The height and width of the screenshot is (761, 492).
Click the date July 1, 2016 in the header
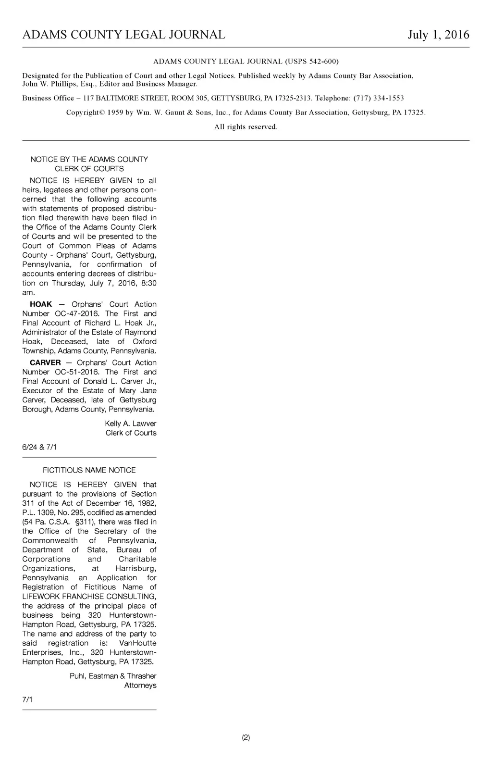coord(438,35)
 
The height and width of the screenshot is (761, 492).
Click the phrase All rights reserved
coord(246,127)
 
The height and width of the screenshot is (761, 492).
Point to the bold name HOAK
coord(41,304)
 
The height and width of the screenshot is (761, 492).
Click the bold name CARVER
coord(45,362)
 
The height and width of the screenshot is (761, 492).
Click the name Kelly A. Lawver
coord(130,424)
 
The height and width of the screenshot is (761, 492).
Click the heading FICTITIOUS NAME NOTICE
coord(89,470)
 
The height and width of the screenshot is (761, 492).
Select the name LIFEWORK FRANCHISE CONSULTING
coord(89,597)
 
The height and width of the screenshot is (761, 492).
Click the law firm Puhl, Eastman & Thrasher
coord(113,676)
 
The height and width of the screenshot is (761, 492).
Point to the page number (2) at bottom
coord(246,737)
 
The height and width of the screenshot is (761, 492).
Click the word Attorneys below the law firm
coord(140,685)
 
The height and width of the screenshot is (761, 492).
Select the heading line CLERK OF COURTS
coord(89,169)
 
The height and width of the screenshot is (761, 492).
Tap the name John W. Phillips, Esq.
coord(52,84)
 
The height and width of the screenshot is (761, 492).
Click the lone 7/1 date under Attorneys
coord(27,699)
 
